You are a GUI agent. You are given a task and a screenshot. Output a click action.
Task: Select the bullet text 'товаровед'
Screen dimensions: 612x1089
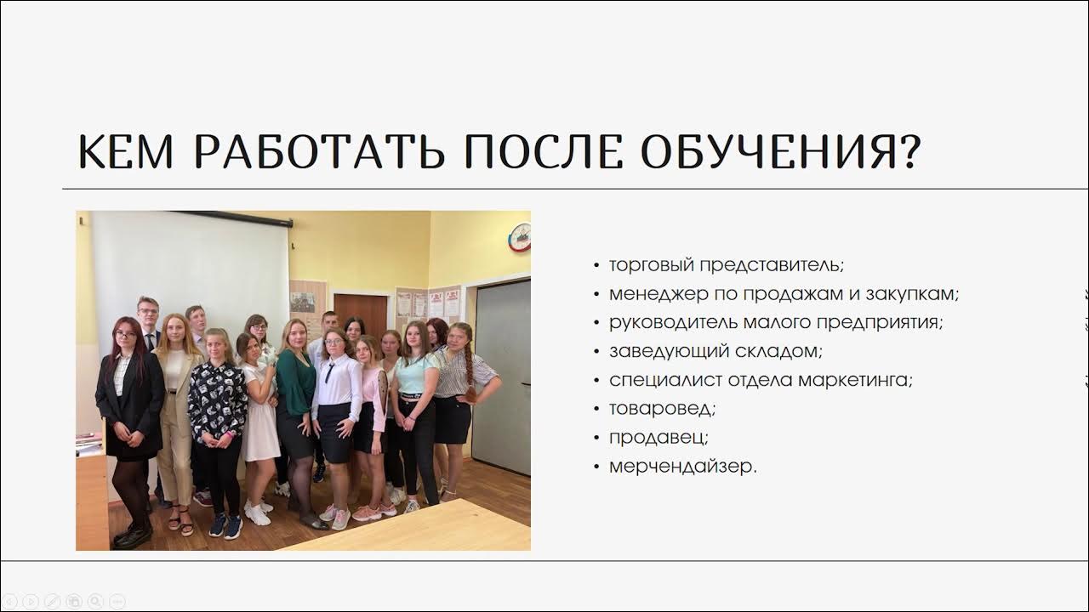click(661, 408)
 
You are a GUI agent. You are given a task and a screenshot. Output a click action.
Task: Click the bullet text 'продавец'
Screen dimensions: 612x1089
click(658, 437)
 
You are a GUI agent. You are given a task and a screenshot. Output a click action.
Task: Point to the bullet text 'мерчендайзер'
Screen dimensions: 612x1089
click(681, 466)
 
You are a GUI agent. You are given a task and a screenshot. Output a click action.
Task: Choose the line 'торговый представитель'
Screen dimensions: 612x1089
click(726, 264)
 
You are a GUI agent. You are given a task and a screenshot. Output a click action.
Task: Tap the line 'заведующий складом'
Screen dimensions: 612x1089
click(716, 350)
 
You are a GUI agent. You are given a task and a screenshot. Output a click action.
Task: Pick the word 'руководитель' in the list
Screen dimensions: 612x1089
click(664, 322)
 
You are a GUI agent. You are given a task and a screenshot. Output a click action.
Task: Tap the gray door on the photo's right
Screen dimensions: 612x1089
click(502, 374)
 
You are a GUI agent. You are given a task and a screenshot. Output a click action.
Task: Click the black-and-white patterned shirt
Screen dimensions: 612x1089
click(217, 399)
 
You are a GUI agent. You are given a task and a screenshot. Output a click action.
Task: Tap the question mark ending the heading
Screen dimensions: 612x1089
click(908, 150)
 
